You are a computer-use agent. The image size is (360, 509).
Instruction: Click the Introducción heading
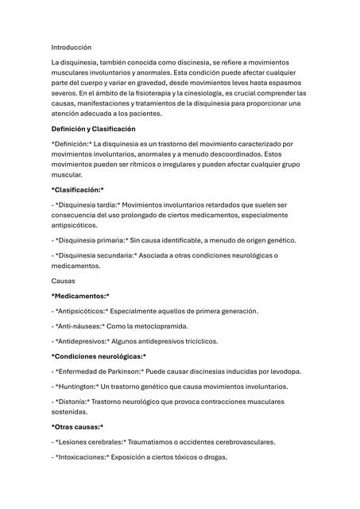72,48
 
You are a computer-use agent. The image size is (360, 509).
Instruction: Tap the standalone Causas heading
64,281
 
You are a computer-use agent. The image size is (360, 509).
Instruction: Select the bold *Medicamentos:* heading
80,296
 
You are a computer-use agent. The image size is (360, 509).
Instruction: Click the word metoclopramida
180,326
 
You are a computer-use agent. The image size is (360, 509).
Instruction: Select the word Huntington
80,387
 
